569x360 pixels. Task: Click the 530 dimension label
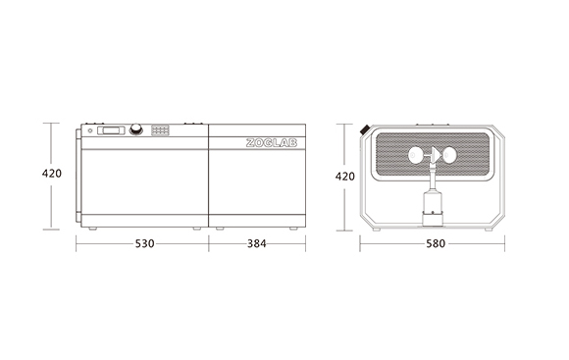tap(145, 243)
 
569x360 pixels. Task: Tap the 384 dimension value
tap(257, 243)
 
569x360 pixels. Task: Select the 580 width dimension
tap(436, 243)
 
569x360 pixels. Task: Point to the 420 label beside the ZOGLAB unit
tap(52, 174)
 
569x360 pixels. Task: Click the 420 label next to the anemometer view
tap(344, 177)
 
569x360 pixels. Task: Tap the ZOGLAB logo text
tap(272, 143)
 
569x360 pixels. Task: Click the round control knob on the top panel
tap(136, 129)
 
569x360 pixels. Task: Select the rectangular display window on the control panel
tap(111, 130)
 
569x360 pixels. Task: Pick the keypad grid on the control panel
tap(160, 130)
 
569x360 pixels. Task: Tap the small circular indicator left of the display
tap(90, 130)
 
